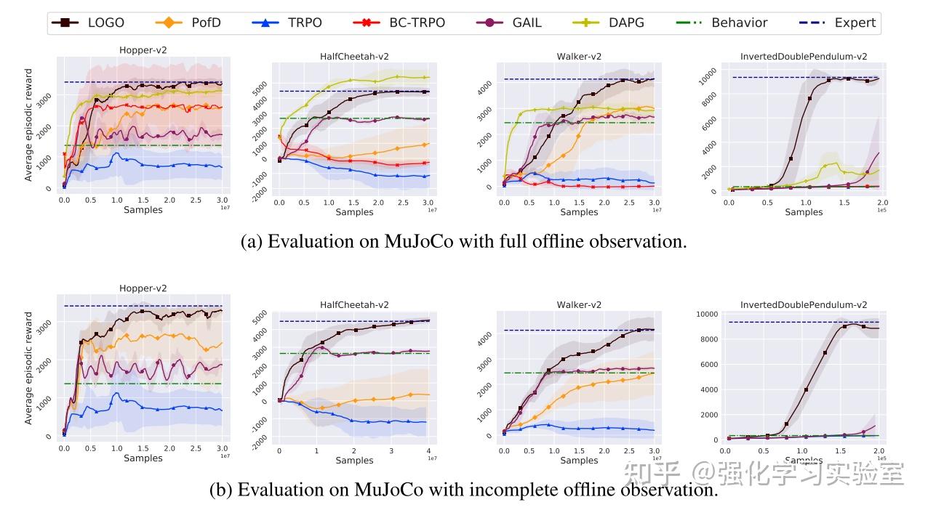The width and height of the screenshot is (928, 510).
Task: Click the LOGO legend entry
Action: (88, 23)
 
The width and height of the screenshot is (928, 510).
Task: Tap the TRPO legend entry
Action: (291, 23)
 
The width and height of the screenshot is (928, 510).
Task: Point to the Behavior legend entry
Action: (724, 23)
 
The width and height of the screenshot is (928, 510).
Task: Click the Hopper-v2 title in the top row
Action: (143, 50)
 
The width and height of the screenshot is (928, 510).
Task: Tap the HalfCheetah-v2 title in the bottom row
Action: (354, 304)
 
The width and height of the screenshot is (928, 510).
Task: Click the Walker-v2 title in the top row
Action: (579, 56)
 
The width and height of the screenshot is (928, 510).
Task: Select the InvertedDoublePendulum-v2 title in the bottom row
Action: (804, 304)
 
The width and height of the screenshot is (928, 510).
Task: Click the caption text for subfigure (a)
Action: (463, 242)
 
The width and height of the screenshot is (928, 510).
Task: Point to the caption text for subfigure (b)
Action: (463, 490)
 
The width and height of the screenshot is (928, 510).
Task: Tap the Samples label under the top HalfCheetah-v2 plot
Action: (354, 212)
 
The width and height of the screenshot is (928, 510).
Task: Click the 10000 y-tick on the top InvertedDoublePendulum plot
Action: (708, 73)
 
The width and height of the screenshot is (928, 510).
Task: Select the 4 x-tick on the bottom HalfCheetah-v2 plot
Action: (428, 451)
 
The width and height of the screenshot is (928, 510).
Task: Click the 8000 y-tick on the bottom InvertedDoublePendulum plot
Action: (708, 339)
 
